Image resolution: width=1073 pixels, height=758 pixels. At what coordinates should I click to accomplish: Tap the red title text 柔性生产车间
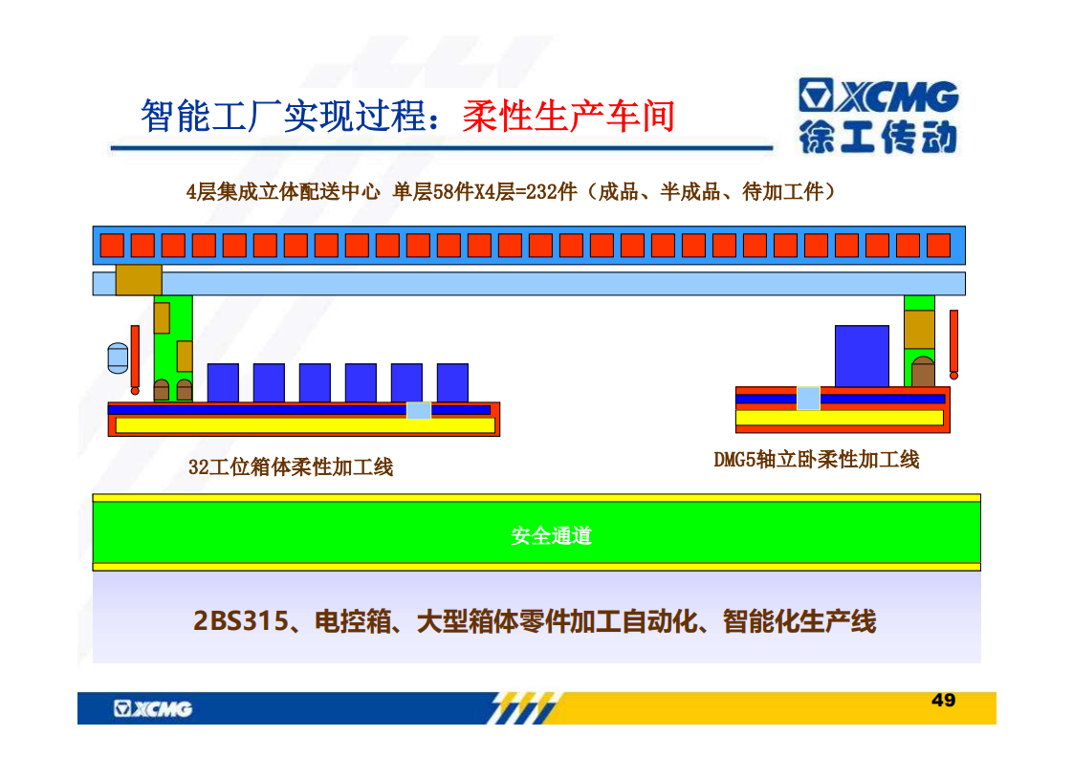tap(569, 116)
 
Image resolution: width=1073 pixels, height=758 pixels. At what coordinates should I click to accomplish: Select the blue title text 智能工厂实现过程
tap(284, 116)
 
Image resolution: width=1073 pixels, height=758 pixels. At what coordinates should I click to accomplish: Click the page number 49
tap(943, 700)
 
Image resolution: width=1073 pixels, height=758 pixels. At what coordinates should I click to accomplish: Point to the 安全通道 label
tap(551, 535)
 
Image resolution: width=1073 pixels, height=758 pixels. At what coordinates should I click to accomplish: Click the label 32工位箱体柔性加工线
tap(291, 467)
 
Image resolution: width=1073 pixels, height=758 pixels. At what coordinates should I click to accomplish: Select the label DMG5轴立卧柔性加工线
tap(817, 460)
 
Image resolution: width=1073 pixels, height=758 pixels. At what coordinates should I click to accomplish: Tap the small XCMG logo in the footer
tap(153, 708)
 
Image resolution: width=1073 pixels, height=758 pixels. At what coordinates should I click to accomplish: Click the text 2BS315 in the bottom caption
tap(241, 621)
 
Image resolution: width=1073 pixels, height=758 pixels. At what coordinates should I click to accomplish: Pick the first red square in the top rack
tap(112, 245)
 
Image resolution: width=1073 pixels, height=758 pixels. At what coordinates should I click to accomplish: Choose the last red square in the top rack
tap(939, 245)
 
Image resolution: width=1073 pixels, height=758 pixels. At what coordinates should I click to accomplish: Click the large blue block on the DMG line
tap(863, 356)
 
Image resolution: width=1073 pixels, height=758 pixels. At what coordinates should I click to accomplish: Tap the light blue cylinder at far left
tap(118, 357)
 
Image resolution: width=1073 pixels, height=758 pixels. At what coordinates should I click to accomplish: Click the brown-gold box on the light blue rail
tap(139, 280)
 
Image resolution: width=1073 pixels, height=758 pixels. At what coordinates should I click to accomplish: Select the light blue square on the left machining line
tap(419, 410)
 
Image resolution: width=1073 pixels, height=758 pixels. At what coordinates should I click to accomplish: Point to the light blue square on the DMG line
tap(808, 399)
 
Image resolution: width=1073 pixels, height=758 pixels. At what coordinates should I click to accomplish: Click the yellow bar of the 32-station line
tap(305, 425)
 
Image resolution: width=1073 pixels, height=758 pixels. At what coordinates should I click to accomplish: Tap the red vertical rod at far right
tap(953, 344)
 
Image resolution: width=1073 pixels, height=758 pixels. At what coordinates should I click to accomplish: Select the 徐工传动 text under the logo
tap(879, 138)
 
